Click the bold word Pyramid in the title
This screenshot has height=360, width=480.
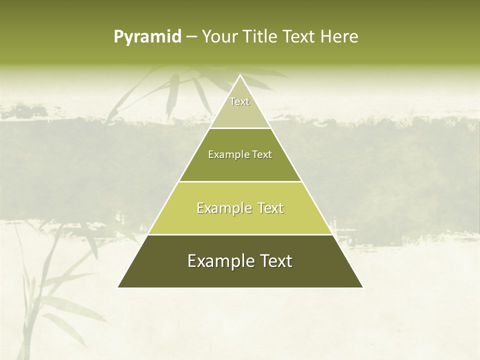pyautogui.click(x=147, y=37)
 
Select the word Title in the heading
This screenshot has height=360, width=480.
pyautogui.click(x=262, y=37)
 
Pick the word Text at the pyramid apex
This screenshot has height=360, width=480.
pyautogui.click(x=239, y=101)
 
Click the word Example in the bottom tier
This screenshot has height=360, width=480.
pyautogui.click(x=218, y=261)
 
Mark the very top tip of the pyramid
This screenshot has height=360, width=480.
pyautogui.click(x=240, y=75)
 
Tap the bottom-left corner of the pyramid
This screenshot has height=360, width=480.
pyautogui.click(x=118, y=287)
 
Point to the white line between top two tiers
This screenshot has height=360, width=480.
pyautogui.click(x=240, y=128)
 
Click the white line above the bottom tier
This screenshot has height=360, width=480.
pyautogui.click(x=240, y=234)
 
